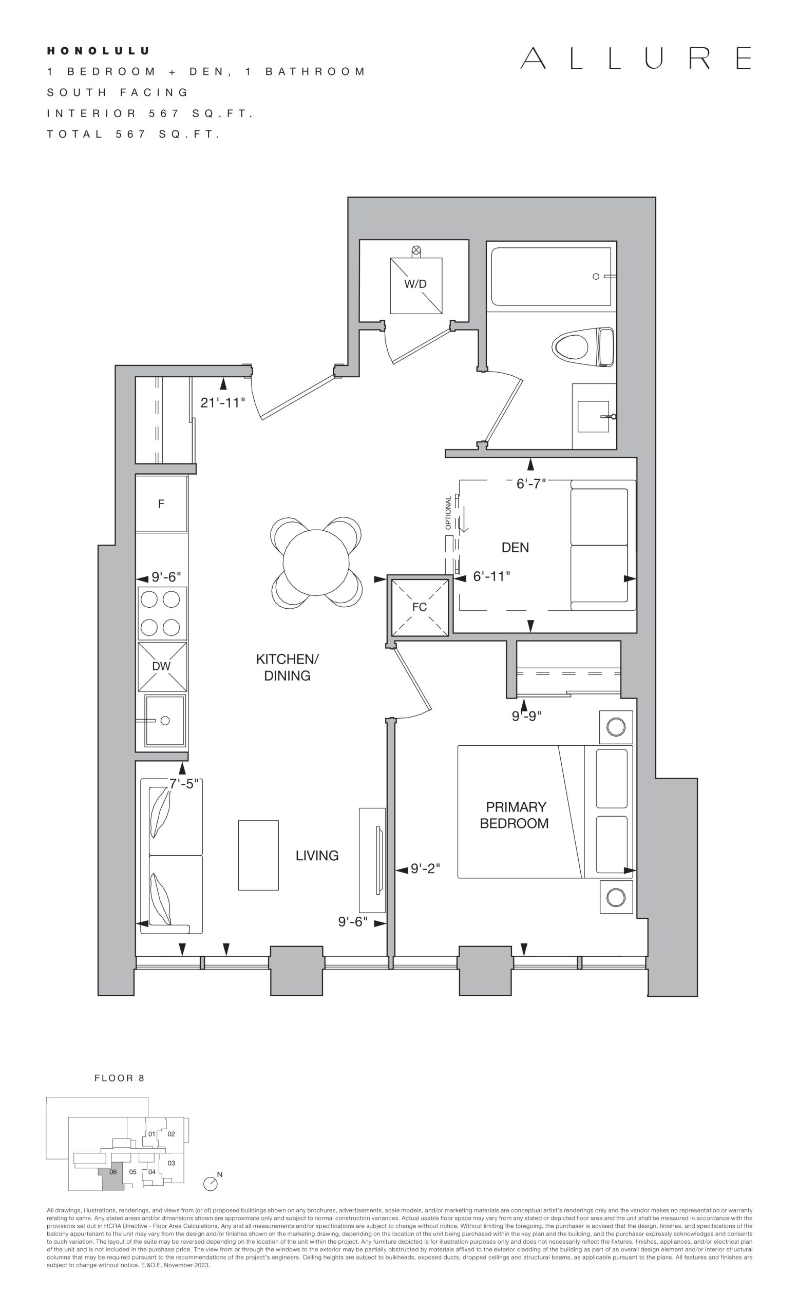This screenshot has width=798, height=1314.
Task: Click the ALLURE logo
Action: click(x=636, y=58)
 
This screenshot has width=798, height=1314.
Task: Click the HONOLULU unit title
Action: click(x=98, y=51)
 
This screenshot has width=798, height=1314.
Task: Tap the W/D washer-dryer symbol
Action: click(x=415, y=286)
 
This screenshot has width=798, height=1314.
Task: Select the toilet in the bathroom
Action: click(x=583, y=346)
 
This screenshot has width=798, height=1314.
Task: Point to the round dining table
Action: click(x=316, y=563)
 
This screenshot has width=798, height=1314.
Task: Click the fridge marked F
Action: click(x=161, y=504)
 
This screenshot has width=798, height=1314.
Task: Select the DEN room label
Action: click(x=515, y=547)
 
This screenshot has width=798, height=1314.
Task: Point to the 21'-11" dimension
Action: click(x=222, y=402)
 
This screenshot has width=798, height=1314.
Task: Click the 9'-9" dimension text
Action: click(x=526, y=716)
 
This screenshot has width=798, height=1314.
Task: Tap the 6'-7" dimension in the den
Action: click(x=531, y=484)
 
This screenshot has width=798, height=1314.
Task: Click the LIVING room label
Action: click(x=317, y=855)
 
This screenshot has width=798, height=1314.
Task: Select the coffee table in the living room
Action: click(x=258, y=855)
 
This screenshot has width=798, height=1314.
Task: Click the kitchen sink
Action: click(x=165, y=721)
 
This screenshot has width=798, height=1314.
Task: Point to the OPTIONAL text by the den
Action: click(x=449, y=512)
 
